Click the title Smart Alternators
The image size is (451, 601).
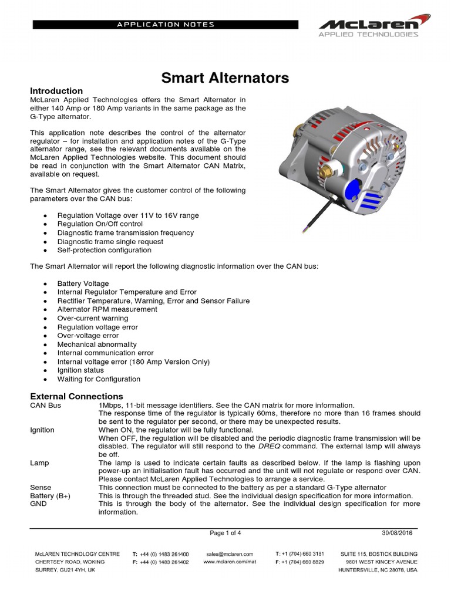[225, 77]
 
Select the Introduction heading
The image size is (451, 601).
[56, 91]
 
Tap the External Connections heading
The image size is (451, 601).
[76, 396]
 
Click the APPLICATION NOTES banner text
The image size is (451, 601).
[166, 25]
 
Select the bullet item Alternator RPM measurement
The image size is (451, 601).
[107, 309]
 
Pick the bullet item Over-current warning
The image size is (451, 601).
[92, 318]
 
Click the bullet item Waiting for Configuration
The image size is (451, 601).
[99, 379]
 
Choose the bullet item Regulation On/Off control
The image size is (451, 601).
[100, 224]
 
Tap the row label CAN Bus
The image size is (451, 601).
[45, 406]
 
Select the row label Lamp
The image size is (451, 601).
[39, 463]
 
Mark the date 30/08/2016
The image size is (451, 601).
[397, 533]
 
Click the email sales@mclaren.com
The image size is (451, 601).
[230, 553]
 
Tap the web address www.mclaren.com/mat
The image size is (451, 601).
[230, 562]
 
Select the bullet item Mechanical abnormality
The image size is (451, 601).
[96, 345]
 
